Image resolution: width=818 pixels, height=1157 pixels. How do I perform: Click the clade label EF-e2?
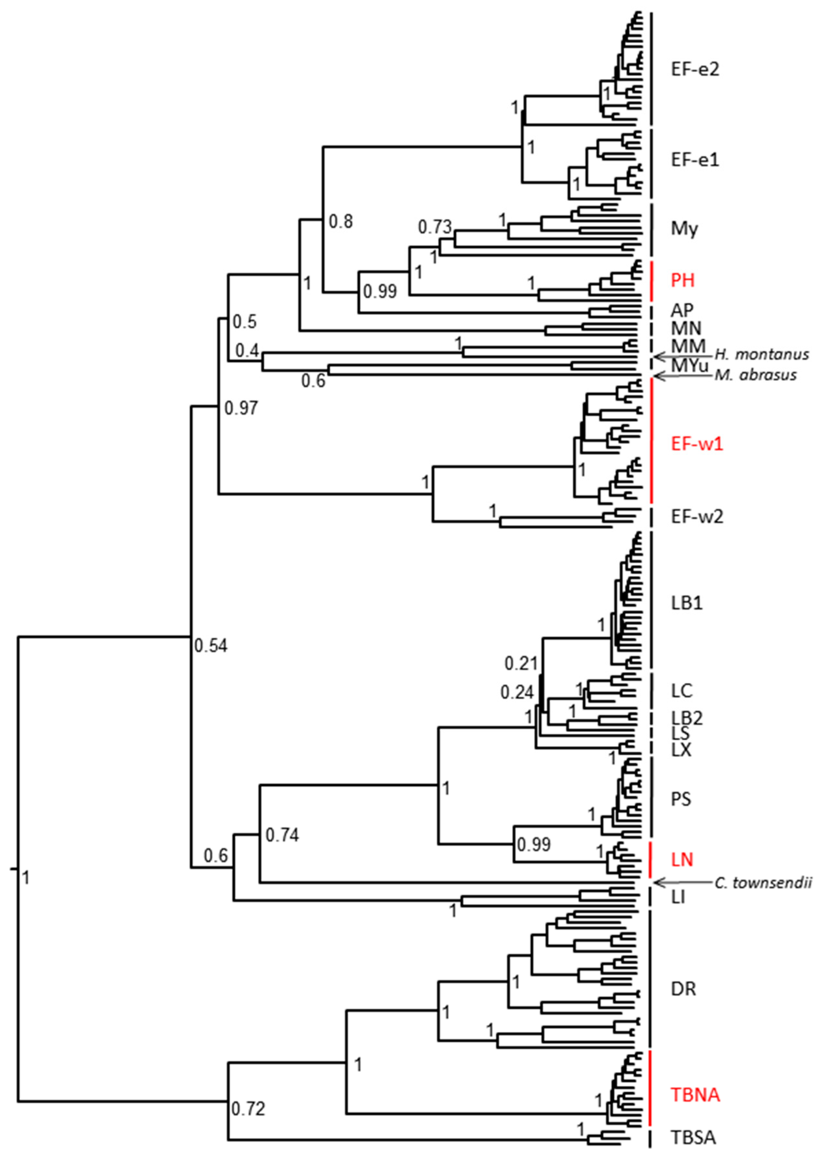click(x=695, y=69)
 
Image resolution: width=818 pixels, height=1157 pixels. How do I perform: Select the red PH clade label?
click(x=683, y=280)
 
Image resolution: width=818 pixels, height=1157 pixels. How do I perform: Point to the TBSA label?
click(x=693, y=1137)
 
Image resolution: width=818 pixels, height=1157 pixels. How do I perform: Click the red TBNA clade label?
click(x=695, y=1094)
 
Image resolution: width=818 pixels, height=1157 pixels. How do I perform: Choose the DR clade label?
click(x=684, y=989)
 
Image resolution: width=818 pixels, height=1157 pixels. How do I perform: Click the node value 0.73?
click(x=434, y=227)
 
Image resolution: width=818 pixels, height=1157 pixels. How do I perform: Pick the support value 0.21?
click(x=521, y=664)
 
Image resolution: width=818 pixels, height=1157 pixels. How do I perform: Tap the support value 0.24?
click(x=517, y=693)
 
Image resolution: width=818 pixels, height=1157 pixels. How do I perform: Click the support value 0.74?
click(x=282, y=835)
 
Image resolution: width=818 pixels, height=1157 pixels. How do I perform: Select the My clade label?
click(x=684, y=229)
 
